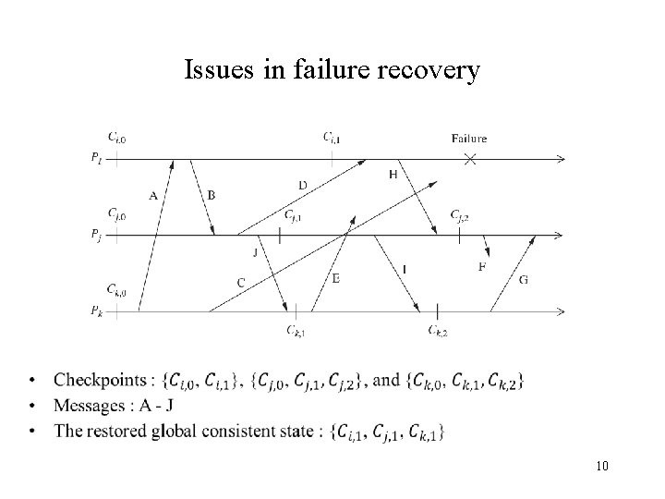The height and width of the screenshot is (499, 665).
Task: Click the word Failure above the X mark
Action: (x=469, y=139)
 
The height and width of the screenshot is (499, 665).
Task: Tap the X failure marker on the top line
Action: (x=469, y=160)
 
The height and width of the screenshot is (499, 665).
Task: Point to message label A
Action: (x=152, y=195)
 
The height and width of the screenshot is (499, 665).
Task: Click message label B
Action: (x=212, y=195)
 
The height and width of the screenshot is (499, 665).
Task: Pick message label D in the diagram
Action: (x=303, y=186)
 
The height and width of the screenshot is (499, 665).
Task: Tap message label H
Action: (x=393, y=175)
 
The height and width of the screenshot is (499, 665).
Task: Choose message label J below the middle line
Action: (x=255, y=250)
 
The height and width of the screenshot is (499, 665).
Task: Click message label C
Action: (x=240, y=282)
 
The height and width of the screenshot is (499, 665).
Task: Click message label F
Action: (x=482, y=267)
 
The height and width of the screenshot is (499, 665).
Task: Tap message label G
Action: (x=524, y=279)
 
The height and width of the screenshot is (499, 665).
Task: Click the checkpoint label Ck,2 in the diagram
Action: (x=438, y=331)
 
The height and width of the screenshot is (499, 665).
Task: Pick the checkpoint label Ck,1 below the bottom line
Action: (x=296, y=331)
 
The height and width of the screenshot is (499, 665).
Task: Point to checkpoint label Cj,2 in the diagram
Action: (x=460, y=216)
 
